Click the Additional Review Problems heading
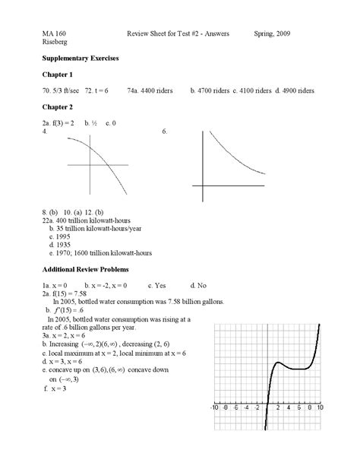(85, 269)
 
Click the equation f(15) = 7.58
(71, 293)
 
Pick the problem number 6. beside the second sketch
(165, 131)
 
